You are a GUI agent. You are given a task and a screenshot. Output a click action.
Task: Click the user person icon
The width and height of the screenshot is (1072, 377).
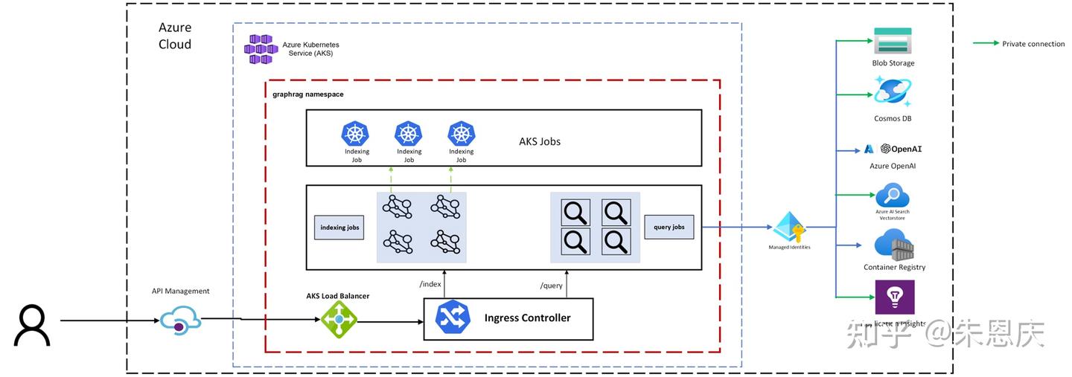coord(32,326)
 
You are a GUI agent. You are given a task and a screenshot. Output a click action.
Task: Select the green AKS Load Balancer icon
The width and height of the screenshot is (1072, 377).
coord(339,320)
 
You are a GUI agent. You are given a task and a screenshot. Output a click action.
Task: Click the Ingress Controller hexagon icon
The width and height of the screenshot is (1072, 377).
coord(453,318)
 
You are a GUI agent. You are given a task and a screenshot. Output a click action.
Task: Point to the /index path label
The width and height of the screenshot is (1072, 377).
coord(430,284)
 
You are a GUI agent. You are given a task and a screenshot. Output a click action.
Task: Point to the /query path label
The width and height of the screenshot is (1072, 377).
coord(551,285)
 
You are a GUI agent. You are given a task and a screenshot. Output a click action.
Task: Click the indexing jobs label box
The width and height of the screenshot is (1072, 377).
coord(339,228)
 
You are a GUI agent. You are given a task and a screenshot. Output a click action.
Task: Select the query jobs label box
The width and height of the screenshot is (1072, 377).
coord(669,227)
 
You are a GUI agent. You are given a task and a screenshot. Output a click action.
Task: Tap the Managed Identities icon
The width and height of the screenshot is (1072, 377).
coord(789,228)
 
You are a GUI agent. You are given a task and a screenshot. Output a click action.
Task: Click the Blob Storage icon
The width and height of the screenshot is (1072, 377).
coord(893,42)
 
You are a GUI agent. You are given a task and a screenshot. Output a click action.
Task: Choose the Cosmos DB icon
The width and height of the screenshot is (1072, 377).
coord(893,94)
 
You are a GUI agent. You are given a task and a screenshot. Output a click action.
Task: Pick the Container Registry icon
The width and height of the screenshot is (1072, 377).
coord(894,245)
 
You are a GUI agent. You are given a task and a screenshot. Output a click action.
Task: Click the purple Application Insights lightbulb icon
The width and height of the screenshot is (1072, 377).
coord(895,297)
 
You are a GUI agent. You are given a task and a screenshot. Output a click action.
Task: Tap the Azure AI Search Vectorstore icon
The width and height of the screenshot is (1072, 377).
coord(892,196)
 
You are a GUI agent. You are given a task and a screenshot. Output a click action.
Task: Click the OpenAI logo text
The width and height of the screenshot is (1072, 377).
coord(902,149)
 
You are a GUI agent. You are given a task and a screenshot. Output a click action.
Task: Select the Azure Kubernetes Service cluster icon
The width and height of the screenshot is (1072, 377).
coord(261,49)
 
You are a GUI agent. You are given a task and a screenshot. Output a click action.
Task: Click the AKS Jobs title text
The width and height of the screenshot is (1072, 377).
coord(540,141)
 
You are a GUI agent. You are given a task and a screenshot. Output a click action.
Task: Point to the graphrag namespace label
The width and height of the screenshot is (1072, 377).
coord(308,94)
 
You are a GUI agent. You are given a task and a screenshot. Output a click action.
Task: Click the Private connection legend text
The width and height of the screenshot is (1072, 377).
coord(1033,44)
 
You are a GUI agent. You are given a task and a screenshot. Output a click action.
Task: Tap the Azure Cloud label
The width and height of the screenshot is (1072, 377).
coord(175,36)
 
